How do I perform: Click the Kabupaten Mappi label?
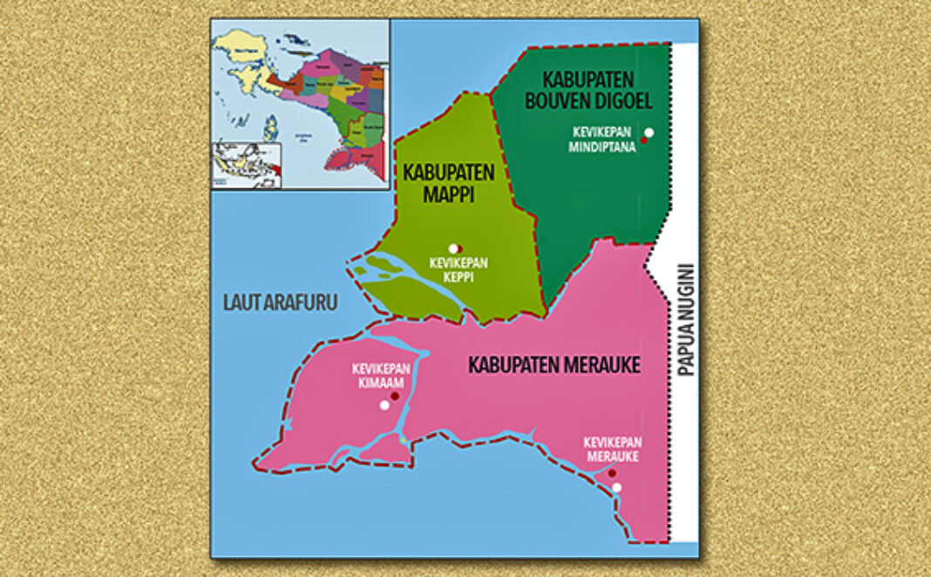click(448, 183)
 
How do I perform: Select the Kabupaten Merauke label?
click(554, 365)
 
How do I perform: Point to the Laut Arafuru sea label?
click(278, 302)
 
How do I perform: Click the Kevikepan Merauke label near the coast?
click(612, 450)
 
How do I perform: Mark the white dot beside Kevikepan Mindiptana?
click(649, 132)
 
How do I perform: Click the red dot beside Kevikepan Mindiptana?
click(643, 139)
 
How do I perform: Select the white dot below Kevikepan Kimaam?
click(384, 405)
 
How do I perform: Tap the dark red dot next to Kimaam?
click(394, 397)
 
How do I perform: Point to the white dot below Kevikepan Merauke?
click(617, 487)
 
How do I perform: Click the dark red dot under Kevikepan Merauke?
click(611, 473)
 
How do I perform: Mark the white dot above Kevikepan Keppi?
click(452, 248)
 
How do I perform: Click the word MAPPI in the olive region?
click(449, 194)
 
